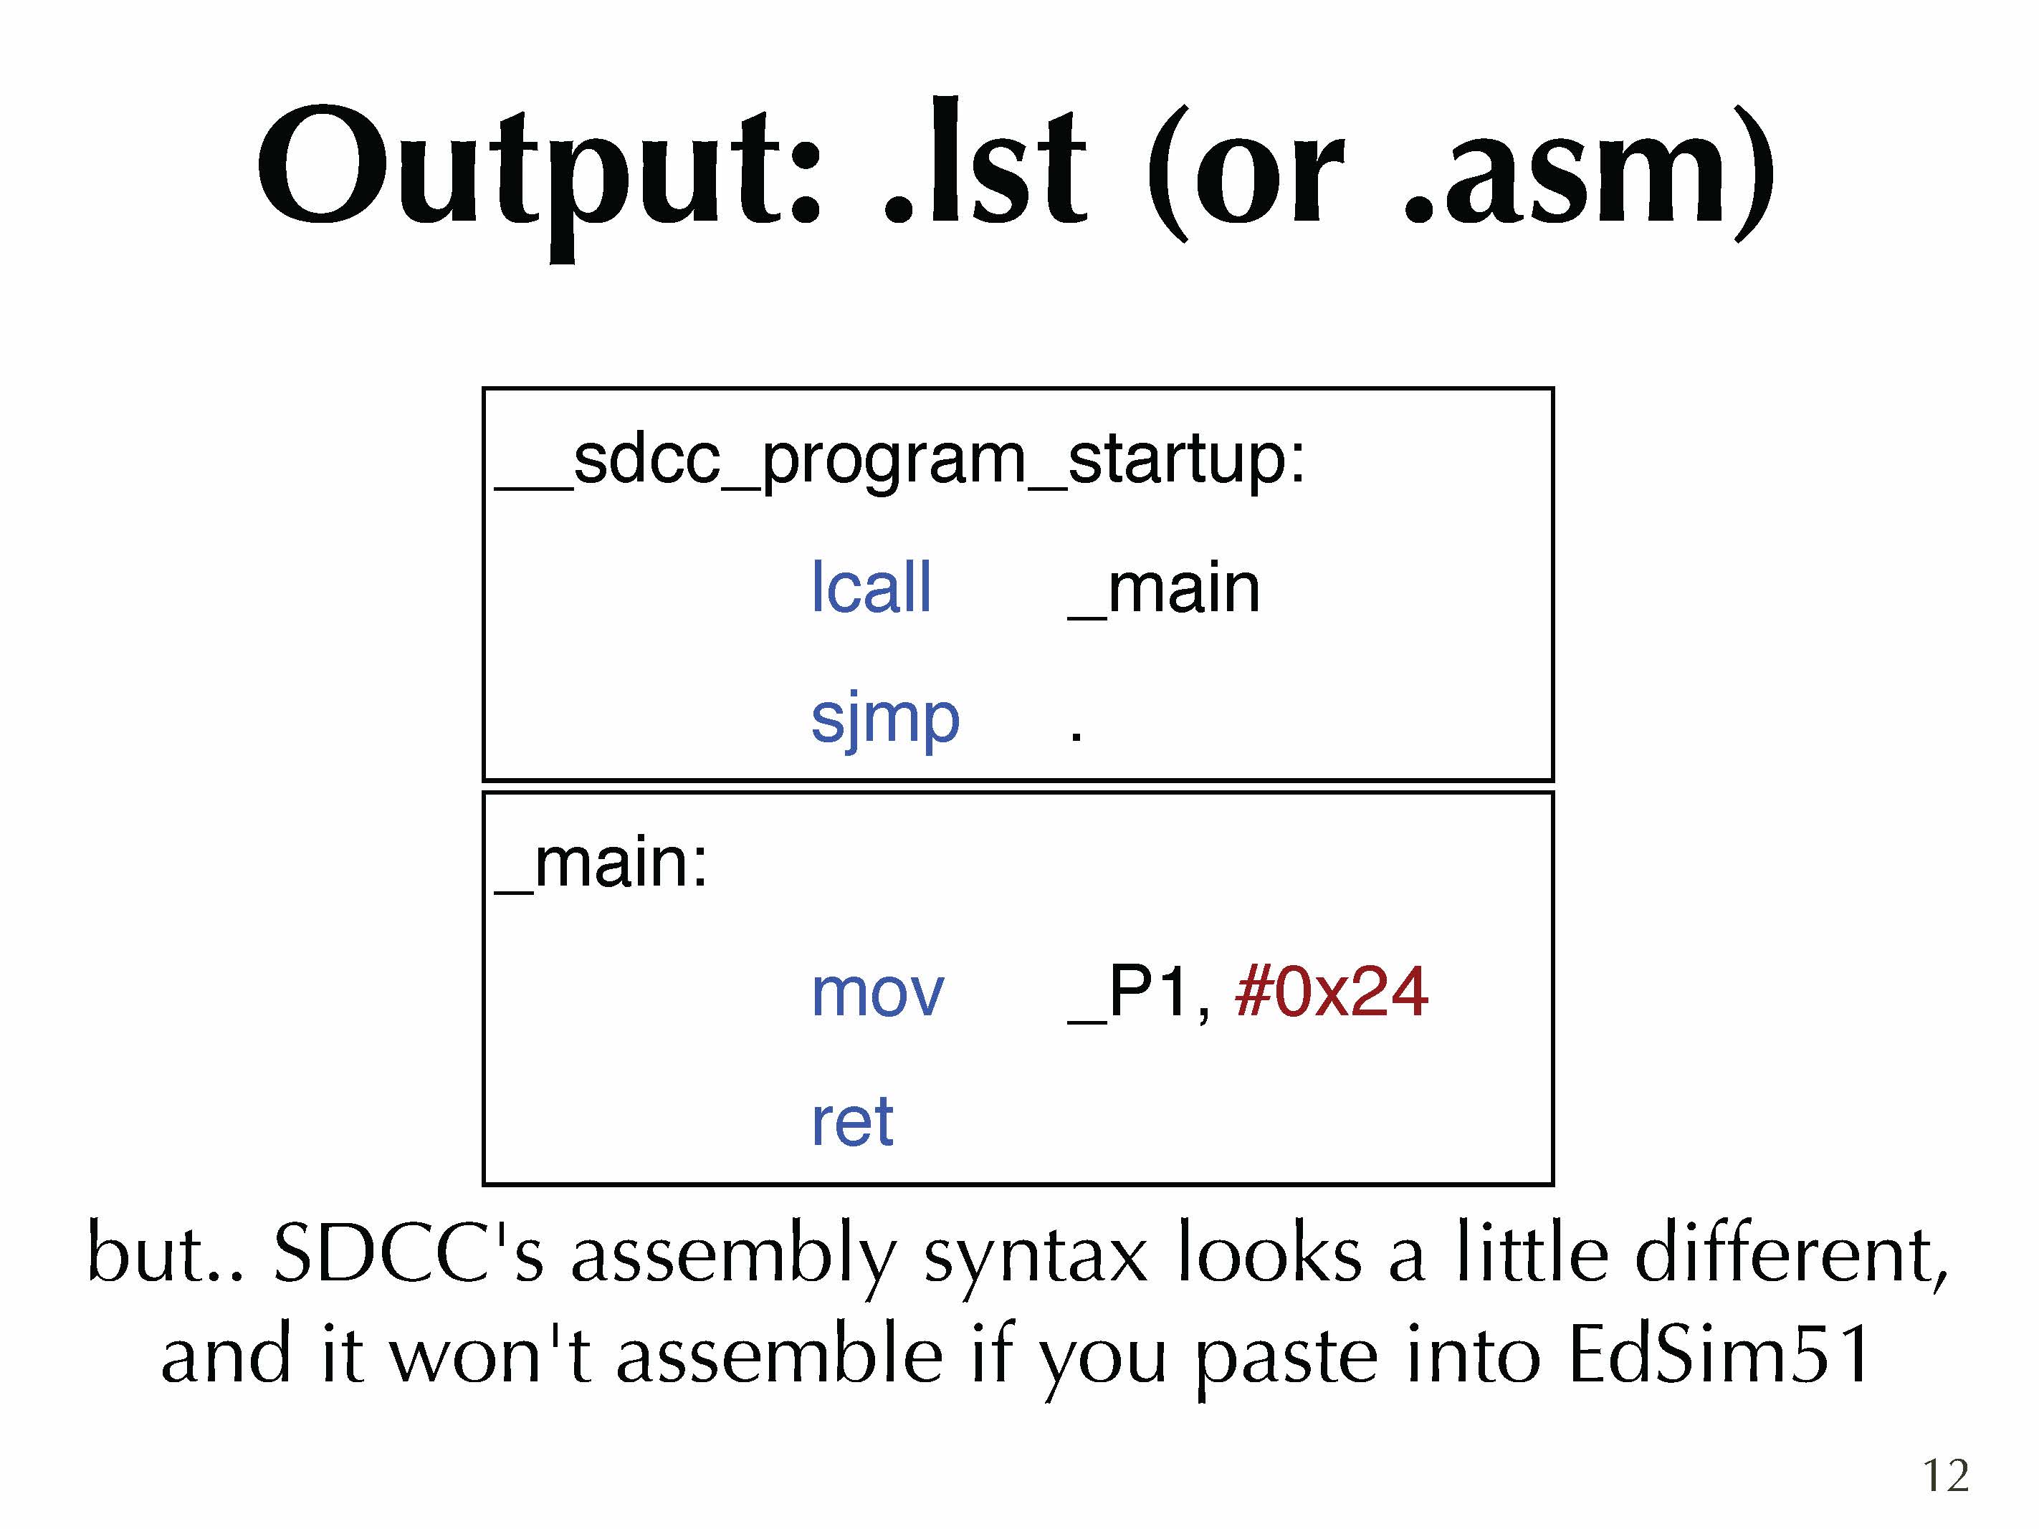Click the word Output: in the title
539,175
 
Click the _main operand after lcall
1163,590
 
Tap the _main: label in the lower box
601,866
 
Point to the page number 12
1946,1475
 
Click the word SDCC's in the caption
409,1252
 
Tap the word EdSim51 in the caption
1719,1355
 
